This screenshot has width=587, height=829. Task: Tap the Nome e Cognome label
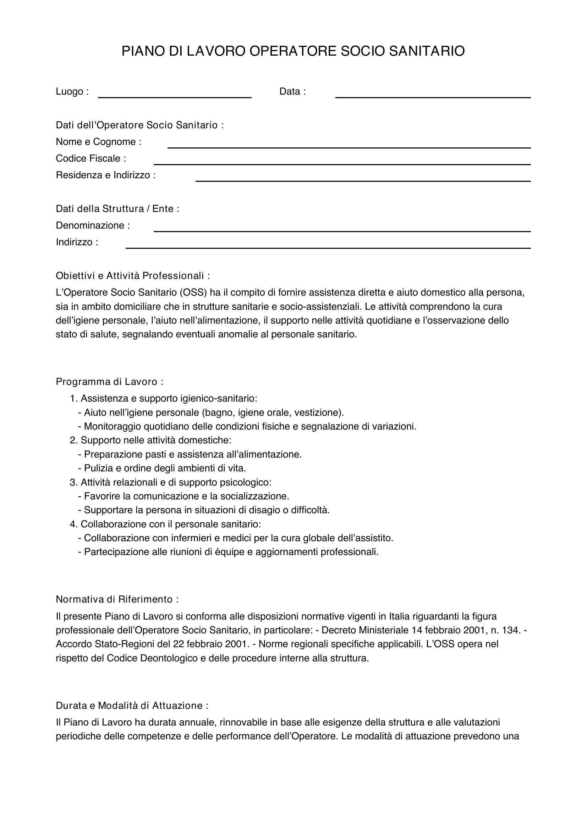click(x=98, y=142)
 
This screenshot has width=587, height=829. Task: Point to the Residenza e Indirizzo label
click(x=105, y=175)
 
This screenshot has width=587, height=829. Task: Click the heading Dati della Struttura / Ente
click(x=117, y=209)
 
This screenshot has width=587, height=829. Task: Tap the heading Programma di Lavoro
click(x=110, y=382)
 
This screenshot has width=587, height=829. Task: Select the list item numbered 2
click(x=150, y=440)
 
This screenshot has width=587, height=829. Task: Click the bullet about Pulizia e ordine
click(x=162, y=468)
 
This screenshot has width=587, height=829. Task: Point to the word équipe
click(x=230, y=552)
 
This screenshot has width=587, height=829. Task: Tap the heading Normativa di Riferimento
click(x=117, y=599)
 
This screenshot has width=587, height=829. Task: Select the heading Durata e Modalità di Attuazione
click(x=132, y=706)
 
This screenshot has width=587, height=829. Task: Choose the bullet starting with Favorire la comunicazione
click(x=183, y=496)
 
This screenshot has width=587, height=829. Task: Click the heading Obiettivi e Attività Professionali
click(x=133, y=276)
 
